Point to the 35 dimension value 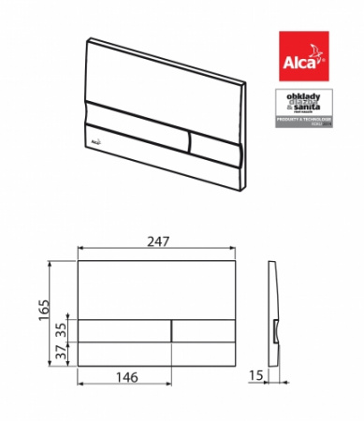[x=61, y=329]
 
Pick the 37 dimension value [x=61, y=353]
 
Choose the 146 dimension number [x=125, y=377]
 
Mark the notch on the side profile [x=278, y=330]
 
